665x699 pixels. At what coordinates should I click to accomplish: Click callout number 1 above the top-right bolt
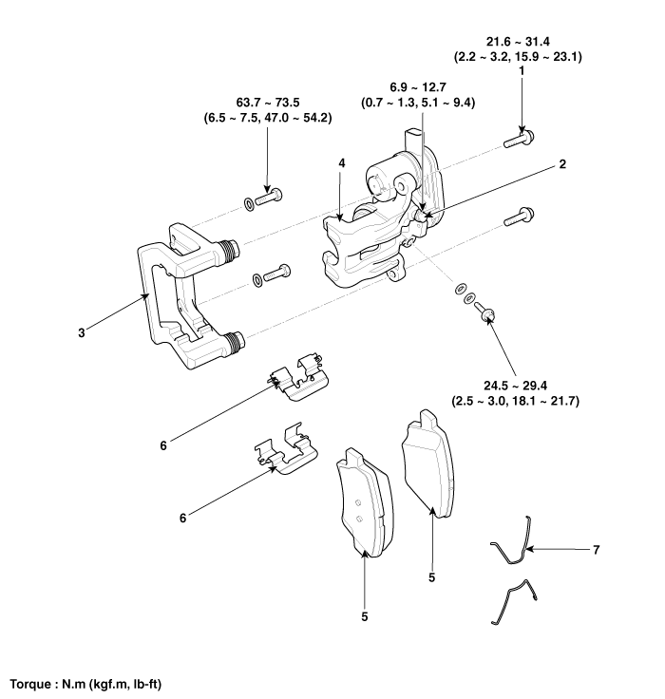coord(522,71)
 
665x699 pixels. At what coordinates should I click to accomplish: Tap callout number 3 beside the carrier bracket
coord(83,333)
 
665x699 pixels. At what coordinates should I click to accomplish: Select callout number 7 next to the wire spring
coord(596,549)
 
